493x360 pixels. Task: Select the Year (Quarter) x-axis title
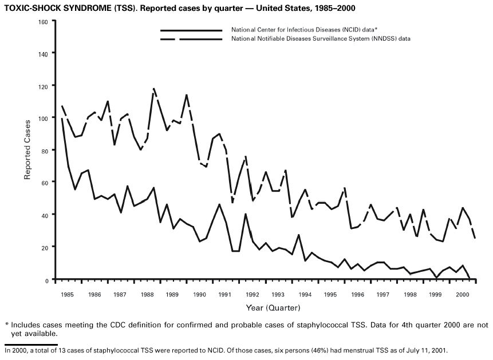[273, 308]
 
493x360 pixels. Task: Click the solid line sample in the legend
[191, 29]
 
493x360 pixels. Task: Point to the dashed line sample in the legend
[191, 38]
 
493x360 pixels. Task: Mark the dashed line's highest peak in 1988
[154, 89]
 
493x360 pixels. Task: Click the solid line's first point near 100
[61, 118]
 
